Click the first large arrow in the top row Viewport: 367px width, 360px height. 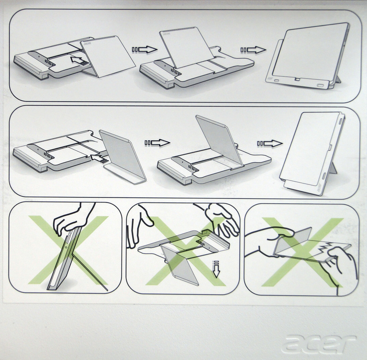tap(145, 50)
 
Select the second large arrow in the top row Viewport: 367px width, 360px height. tap(253, 50)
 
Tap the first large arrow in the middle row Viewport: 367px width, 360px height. tap(157, 143)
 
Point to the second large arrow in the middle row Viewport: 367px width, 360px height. tap(270, 143)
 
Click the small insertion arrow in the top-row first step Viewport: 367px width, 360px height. tap(79, 61)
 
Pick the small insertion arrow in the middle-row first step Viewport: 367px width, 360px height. tap(99, 158)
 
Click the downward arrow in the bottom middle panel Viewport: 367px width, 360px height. tap(217, 269)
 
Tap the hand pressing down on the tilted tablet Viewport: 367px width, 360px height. tap(72, 219)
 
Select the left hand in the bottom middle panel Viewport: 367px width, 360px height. tap(138, 225)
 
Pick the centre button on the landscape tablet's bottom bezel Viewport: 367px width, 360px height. tap(297, 79)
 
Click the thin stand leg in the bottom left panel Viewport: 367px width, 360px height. tap(90, 272)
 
